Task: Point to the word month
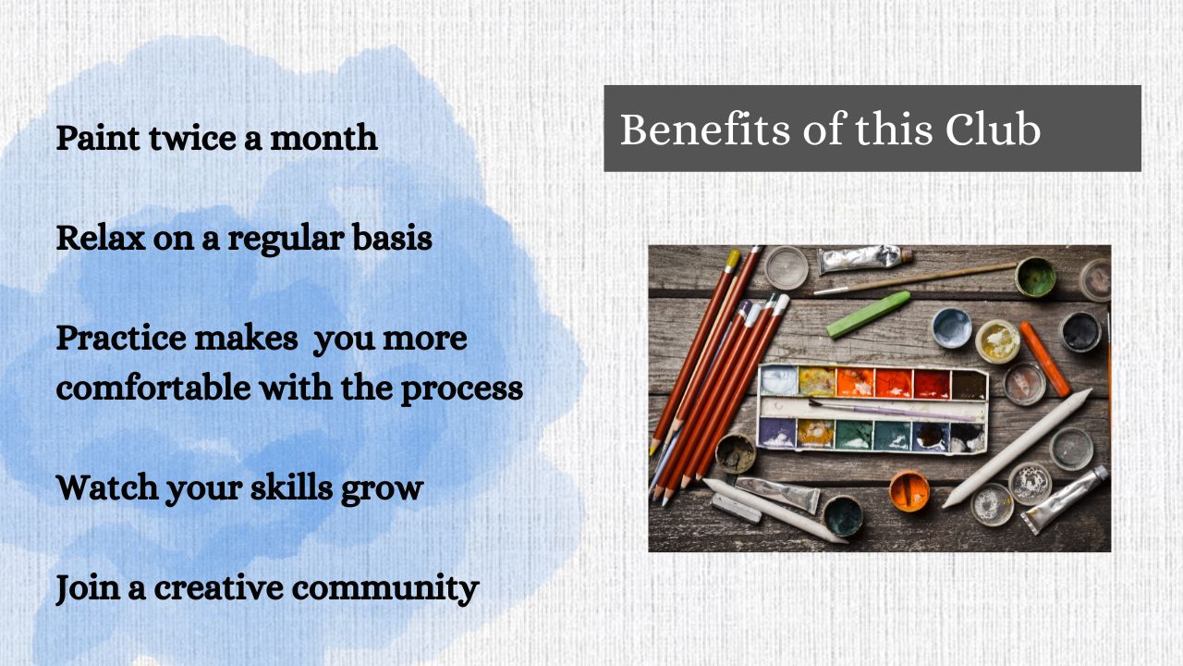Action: (323, 138)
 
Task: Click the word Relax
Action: (101, 238)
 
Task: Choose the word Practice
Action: (121, 339)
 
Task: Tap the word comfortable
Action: (153, 388)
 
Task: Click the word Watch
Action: (106, 487)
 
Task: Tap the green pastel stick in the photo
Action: (868, 314)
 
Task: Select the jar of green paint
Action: (1035, 277)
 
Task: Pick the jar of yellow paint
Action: (997, 341)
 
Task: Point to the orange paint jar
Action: (909, 491)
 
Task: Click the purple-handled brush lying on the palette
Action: (892, 411)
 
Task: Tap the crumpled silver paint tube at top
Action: (864, 260)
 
